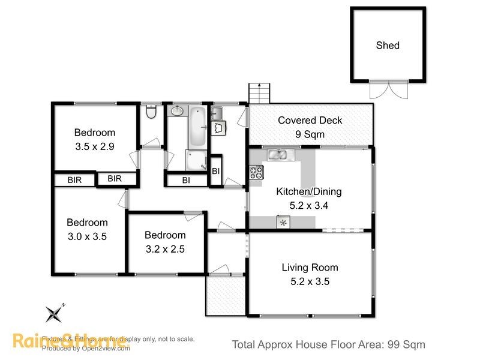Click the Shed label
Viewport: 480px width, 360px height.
tap(388, 45)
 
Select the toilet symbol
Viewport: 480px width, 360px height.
tap(151, 112)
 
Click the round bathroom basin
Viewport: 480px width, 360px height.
tap(178, 111)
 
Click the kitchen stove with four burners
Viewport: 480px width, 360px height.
tap(256, 172)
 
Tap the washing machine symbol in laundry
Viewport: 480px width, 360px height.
tap(219, 128)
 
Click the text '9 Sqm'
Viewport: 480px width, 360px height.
tap(310, 134)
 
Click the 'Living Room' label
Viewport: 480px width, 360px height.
tap(310, 268)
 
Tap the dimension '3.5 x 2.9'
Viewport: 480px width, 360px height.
tap(94, 146)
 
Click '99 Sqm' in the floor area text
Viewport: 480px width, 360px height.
tap(406, 344)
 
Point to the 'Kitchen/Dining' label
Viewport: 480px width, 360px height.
tap(308, 192)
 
